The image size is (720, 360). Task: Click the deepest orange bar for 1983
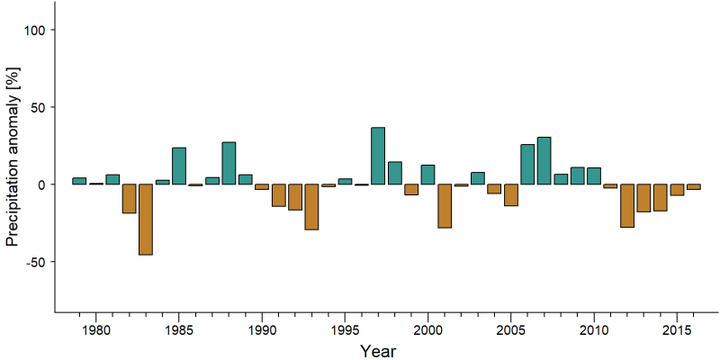click(146, 220)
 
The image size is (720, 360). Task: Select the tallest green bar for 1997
click(378, 156)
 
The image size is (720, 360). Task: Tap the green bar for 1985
click(179, 166)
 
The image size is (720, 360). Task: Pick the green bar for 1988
click(229, 163)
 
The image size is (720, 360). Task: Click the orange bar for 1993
click(311, 207)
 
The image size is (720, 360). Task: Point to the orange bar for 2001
click(445, 206)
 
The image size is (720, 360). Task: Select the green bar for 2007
click(544, 161)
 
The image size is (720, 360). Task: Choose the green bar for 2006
click(527, 165)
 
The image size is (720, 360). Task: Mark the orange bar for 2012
click(626, 206)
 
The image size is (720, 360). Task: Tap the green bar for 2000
click(428, 175)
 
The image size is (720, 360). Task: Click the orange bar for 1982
click(129, 198)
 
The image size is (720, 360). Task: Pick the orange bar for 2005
click(510, 194)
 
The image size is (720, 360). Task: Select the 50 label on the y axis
click(35, 107)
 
